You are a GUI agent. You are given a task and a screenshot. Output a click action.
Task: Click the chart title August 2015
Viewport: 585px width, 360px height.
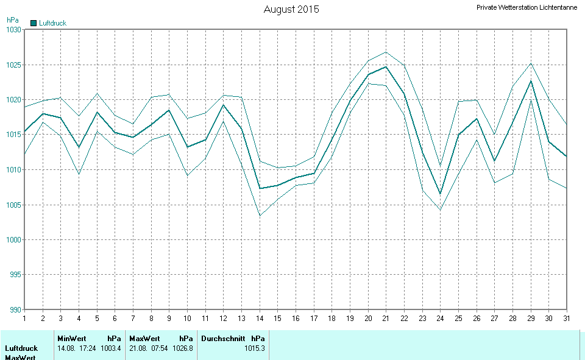click(291, 9)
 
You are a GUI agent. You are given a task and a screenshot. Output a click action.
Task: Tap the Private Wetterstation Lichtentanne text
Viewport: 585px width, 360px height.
click(526, 8)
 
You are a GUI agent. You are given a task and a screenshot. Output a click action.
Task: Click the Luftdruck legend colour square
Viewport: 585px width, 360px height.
click(34, 23)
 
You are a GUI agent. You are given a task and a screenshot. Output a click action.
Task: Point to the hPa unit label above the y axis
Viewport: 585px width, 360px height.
click(12, 20)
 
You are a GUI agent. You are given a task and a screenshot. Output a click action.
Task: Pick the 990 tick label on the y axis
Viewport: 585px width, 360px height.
click(13, 309)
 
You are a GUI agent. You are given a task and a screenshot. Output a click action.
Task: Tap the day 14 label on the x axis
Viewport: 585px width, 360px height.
click(260, 318)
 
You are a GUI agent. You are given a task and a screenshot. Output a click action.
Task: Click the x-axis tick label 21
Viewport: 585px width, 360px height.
click(386, 318)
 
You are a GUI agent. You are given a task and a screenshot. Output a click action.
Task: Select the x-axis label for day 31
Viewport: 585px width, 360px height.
click(567, 318)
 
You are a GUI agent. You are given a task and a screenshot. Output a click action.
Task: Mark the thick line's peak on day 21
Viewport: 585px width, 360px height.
click(386, 66)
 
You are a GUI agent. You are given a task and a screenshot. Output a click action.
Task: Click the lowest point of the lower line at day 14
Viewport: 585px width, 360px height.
click(260, 216)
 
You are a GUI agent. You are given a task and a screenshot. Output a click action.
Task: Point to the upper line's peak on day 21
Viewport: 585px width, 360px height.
click(386, 52)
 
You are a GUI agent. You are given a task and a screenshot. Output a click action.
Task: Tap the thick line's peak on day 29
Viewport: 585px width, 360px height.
click(531, 80)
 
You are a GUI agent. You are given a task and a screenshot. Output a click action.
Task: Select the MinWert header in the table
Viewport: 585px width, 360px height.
click(71, 339)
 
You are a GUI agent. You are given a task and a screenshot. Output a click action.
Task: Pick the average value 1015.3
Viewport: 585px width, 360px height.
click(254, 348)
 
